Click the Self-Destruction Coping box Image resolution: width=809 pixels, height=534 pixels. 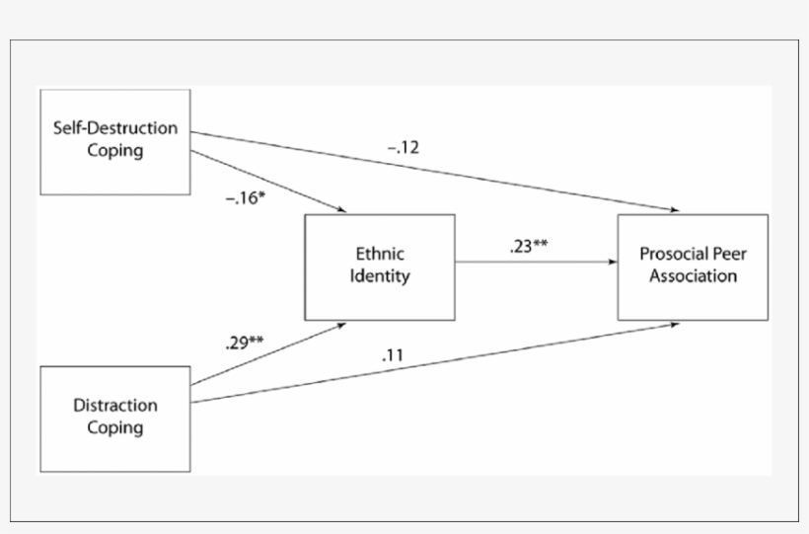point(114,140)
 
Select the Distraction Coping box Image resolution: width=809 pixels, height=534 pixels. point(114,417)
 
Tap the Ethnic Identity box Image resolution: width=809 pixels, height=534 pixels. point(380,267)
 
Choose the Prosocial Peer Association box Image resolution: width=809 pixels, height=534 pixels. point(693,267)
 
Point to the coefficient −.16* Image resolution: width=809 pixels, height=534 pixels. point(247,197)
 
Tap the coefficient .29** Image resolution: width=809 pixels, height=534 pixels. point(244,344)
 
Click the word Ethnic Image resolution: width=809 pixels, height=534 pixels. point(380,255)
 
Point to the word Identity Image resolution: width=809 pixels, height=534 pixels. point(380,276)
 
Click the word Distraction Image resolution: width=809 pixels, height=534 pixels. point(114,406)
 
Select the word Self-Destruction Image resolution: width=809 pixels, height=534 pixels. point(114,128)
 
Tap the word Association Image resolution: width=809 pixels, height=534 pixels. point(693,276)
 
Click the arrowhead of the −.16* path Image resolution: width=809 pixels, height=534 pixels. point(342,211)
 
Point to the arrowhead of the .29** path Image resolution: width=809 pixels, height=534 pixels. point(342,323)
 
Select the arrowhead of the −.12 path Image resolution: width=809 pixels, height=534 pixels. point(676,211)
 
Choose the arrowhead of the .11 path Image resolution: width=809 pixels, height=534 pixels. point(676,323)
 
